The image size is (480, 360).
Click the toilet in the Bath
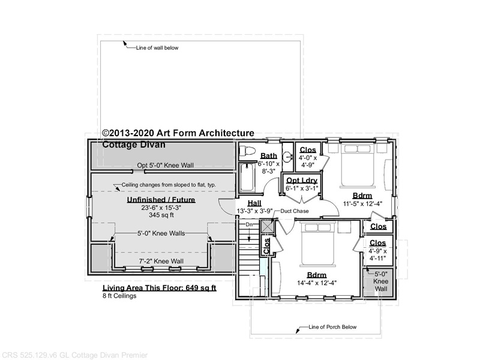click(x=247, y=151)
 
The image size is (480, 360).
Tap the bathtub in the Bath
click(x=247, y=178)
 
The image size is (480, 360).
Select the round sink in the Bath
click(x=287, y=157)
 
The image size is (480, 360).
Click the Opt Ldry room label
click(x=302, y=181)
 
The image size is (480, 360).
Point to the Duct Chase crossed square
click(x=265, y=227)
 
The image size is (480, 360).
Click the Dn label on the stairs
click(x=249, y=224)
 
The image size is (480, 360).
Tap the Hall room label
click(x=254, y=203)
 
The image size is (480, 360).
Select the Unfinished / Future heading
click(x=161, y=200)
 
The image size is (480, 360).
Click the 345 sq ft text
click(x=161, y=215)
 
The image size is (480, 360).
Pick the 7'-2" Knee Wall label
click(x=161, y=261)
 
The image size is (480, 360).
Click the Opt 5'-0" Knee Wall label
click(x=166, y=166)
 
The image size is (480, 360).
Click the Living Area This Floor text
click(x=159, y=288)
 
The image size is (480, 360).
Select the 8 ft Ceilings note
click(x=119, y=296)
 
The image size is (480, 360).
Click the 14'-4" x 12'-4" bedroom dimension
click(x=317, y=283)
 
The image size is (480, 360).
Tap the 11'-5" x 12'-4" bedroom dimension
click(x=362, y=203)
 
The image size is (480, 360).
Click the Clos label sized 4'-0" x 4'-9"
click(x=308, y=149)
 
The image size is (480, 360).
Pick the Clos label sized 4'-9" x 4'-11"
click(x=378, y=243)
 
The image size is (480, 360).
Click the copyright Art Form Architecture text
click(x=178, y=133)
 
